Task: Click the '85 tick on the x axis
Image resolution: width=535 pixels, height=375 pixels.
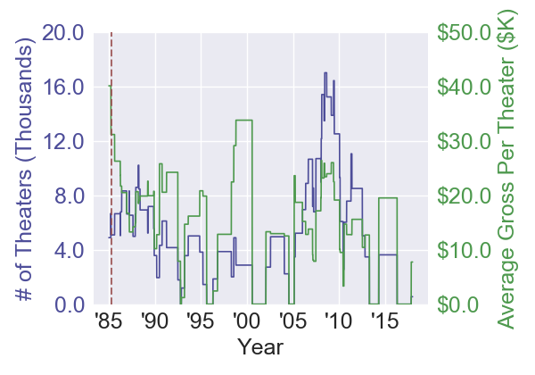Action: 109,320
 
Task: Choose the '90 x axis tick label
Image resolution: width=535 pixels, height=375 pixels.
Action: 155,320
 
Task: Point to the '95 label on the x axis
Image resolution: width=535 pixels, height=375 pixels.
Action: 201,320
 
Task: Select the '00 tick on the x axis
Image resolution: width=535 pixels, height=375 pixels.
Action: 247,320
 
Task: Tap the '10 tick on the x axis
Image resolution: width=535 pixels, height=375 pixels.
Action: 339,320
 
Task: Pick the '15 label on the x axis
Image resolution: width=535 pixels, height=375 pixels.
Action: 384,320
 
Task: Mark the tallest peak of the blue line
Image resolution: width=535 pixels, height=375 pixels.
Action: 325,72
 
